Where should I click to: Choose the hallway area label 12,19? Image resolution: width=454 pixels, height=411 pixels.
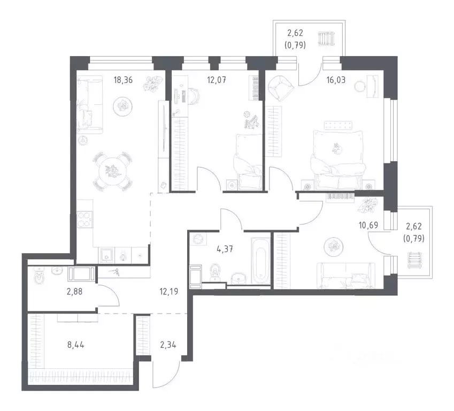pos(169,292)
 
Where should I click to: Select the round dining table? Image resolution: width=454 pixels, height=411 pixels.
pos(113,171)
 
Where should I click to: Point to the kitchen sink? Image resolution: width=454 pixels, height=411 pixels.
pos(107,255)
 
